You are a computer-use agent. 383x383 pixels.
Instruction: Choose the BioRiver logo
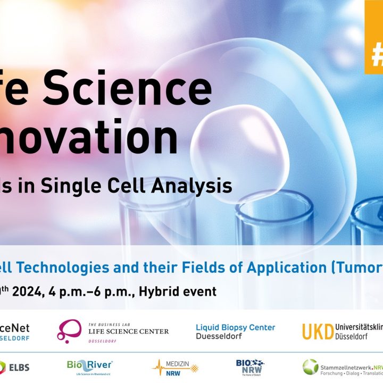click(89, 367)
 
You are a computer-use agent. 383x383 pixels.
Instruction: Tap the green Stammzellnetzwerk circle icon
click(310, 367)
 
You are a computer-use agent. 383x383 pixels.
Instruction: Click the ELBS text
click(20, 367)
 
